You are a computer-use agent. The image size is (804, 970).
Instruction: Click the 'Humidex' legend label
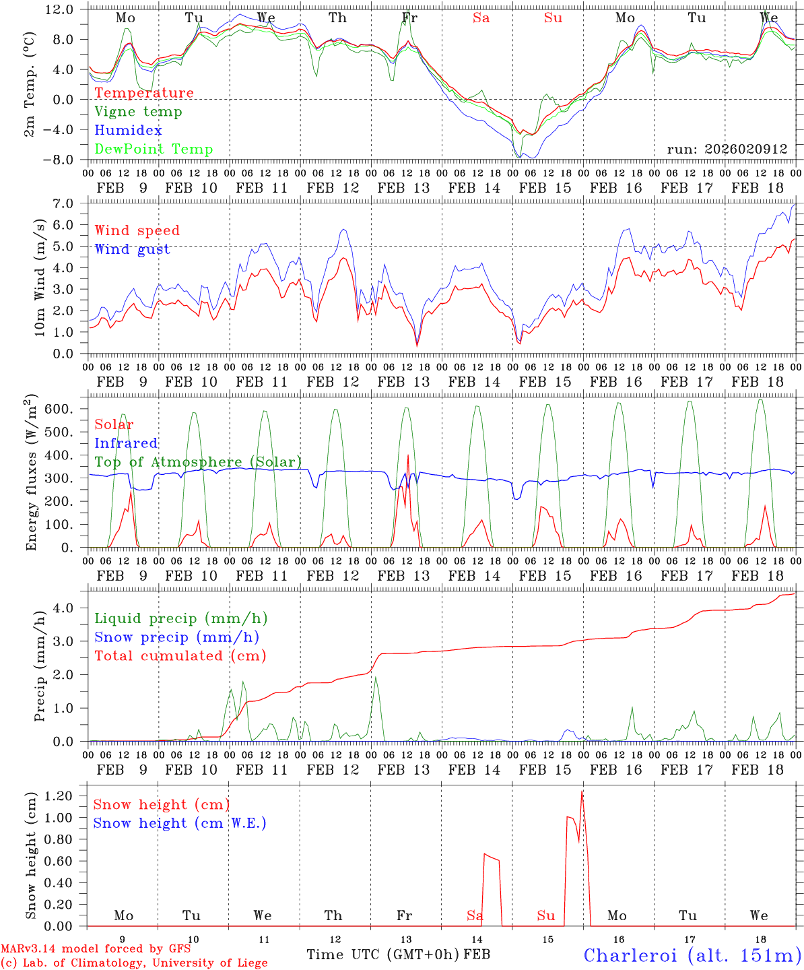point(128,131)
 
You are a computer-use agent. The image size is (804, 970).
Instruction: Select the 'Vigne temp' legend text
point(138,112)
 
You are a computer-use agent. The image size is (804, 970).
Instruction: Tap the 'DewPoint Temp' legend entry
point(154,150)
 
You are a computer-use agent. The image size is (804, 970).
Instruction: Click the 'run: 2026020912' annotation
point(727,150)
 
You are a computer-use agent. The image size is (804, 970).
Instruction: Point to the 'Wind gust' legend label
point(132,249)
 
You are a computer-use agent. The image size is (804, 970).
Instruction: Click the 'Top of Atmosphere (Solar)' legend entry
point(197,462)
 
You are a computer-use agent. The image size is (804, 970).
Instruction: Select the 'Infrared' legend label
point(126,443)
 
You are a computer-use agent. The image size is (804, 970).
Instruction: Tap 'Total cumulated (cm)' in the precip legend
point(180,655)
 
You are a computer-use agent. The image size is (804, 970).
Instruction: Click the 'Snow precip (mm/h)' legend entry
point(176,637)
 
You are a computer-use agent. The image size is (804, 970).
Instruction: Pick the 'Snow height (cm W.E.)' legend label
point(179,823)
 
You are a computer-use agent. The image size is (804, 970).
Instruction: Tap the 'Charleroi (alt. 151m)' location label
point(692,955)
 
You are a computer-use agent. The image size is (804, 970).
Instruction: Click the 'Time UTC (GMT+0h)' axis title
point(383,955)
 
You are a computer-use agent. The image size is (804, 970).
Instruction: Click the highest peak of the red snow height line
point(582,791)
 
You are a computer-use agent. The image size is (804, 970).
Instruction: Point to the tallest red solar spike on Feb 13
point(408,455)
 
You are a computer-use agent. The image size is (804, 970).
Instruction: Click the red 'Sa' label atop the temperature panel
point(481,18)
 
